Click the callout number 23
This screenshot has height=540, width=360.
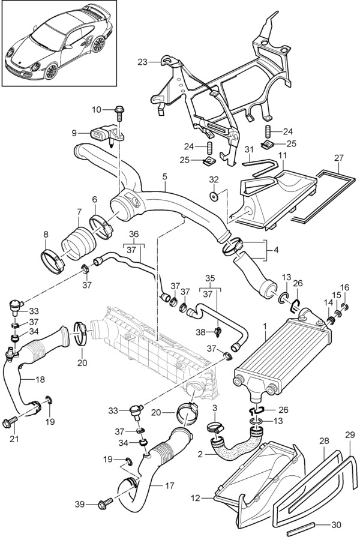142,61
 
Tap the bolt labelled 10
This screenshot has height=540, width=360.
118,110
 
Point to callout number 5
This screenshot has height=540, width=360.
164,176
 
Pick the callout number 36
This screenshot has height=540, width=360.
133,233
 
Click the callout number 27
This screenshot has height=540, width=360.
338,158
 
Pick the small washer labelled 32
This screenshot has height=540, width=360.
214,196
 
